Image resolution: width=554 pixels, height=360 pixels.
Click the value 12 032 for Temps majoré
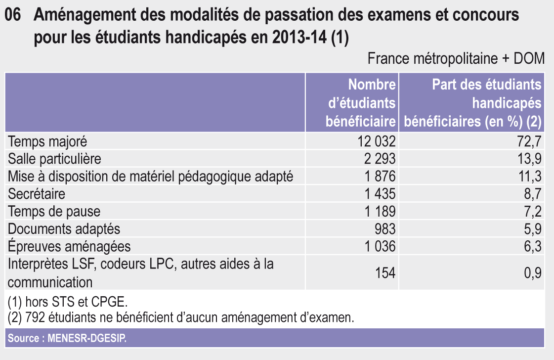point(377,142)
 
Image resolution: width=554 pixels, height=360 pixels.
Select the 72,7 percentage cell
point(531,142)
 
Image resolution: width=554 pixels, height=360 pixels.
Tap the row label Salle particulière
point(54,159)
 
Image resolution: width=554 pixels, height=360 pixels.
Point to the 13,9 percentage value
point(531,159)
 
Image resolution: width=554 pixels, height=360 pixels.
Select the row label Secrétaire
point(37,194)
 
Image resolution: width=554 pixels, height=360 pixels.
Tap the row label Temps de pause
point(54,212)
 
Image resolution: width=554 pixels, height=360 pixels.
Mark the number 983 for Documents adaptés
point(385,229)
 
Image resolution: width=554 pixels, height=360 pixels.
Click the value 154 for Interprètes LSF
point(385,273)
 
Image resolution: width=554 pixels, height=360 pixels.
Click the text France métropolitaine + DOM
point(456,59)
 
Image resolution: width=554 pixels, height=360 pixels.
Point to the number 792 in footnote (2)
point(31,317)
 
